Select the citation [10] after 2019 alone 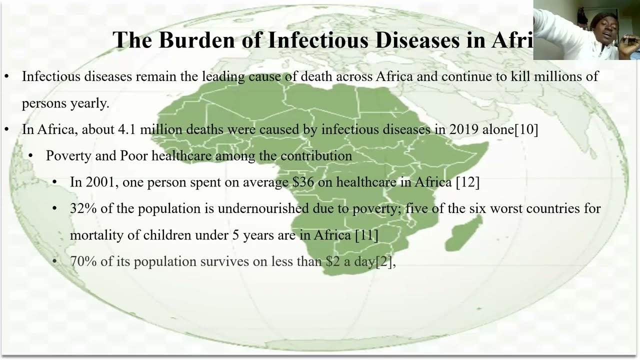(526, 129)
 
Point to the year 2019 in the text (464, 129)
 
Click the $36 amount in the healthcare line (303, 182)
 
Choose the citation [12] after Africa (467, 182)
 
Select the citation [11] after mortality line (366, 235)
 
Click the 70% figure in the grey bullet (83, 261)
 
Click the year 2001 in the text (100, 182)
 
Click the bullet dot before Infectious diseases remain (6, 76)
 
